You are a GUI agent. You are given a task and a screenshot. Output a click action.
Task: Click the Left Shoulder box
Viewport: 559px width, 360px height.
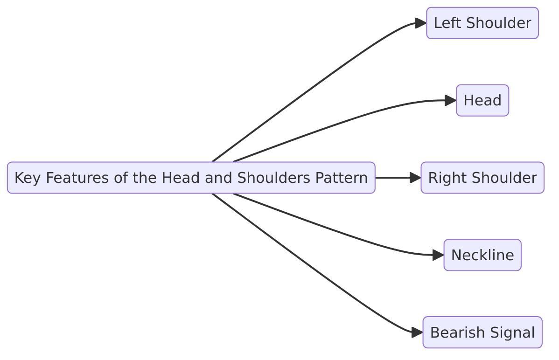(482, 23)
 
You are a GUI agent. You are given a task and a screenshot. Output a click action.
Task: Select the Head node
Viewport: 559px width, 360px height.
(482, 100)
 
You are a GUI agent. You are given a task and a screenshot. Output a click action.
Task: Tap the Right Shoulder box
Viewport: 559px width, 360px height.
(482, 178)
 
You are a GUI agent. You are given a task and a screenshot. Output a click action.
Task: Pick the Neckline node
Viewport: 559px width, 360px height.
(482, 255)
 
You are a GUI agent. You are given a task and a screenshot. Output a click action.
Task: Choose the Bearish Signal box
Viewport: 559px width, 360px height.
(482, 332)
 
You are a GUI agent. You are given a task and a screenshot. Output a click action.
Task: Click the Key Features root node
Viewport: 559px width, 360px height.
(191, 178)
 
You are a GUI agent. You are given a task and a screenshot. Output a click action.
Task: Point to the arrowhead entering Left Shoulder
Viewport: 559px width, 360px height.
(420, 23)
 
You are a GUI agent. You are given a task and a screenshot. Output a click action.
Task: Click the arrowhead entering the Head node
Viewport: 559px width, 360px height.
(450, 100)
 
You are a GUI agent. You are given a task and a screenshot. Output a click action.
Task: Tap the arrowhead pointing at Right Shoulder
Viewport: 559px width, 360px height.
(415, 178)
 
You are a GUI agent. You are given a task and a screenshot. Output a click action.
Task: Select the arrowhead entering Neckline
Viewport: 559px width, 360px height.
(438, 255)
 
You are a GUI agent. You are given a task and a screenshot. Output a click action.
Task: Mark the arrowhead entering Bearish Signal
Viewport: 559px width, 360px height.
(417, 332)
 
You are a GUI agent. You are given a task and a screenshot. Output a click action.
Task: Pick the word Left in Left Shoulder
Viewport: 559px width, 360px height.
(448, 23)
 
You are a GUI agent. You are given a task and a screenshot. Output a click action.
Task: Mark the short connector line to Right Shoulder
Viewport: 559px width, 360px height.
(392, 178)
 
